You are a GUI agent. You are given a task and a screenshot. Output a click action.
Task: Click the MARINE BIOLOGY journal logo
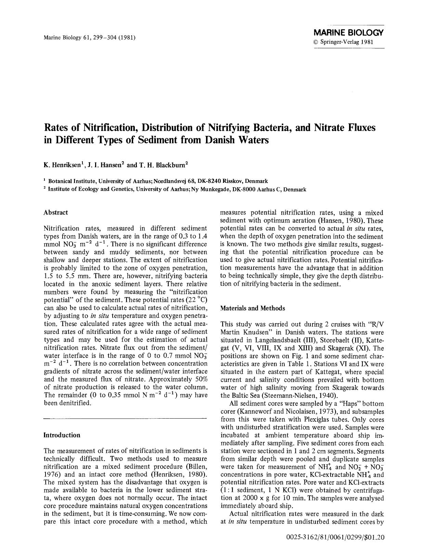click(x=349, y=33)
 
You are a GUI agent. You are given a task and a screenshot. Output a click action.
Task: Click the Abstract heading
click(x=56, y=212)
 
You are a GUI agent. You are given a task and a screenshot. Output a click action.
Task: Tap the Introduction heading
click(x=62, y=435)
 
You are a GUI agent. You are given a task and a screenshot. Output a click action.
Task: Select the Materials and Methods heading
click(x=253, y=308)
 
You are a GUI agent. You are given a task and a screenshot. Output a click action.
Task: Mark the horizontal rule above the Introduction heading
click(x=125, y=418)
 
